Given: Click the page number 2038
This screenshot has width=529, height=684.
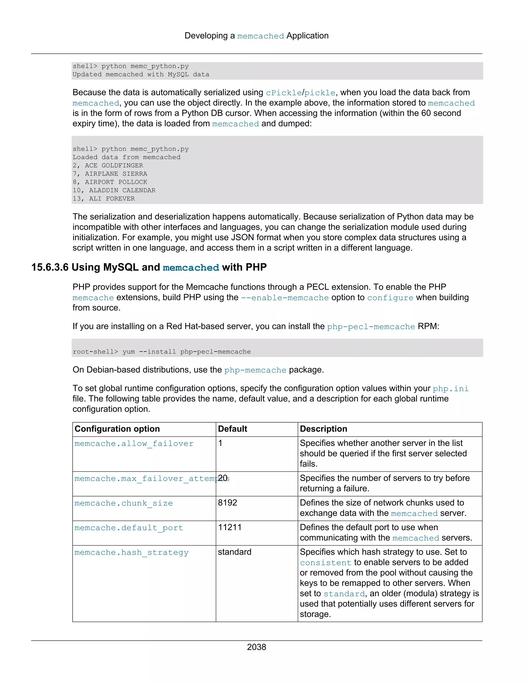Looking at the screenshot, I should click(x=256, y=647).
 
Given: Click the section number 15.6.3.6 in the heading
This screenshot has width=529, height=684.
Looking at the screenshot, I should click(x=50, y=267).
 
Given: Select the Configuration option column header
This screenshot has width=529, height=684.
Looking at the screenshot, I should click(x=117, y=429).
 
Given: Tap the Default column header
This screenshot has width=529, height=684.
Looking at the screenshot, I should click(x=232, y=429).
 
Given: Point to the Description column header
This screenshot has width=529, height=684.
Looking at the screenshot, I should click(x=323, y=429).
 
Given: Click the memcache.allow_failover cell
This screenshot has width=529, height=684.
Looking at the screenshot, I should click(x=134, y=443).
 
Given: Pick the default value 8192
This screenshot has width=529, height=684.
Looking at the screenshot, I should click(x=227, y=503).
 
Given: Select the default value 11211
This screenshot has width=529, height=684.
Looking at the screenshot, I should click(x=229, y=527).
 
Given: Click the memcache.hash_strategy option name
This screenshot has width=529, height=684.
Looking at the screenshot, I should click(x=131, y=552).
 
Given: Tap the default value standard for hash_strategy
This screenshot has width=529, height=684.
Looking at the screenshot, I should click(x=235, y=552).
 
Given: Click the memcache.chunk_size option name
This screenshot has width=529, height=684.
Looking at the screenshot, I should click(x=123, y=503).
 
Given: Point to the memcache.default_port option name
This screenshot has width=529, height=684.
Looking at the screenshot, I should click(x=128, y=528).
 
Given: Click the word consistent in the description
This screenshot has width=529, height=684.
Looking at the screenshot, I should click(x=326, y=563).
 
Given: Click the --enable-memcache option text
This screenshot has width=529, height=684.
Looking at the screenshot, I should click(x=285, y=298).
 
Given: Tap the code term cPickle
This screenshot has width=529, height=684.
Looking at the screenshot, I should click(x=284, y=93).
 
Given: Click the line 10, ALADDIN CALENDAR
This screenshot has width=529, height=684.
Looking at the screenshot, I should click(x=114, y=190).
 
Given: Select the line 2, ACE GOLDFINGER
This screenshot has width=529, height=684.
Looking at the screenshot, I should click(x=108, y=165).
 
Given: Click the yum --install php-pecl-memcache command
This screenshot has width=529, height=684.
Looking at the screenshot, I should click(x=186, y=352).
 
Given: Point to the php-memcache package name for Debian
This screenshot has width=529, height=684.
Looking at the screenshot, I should click(x=255, y=370).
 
